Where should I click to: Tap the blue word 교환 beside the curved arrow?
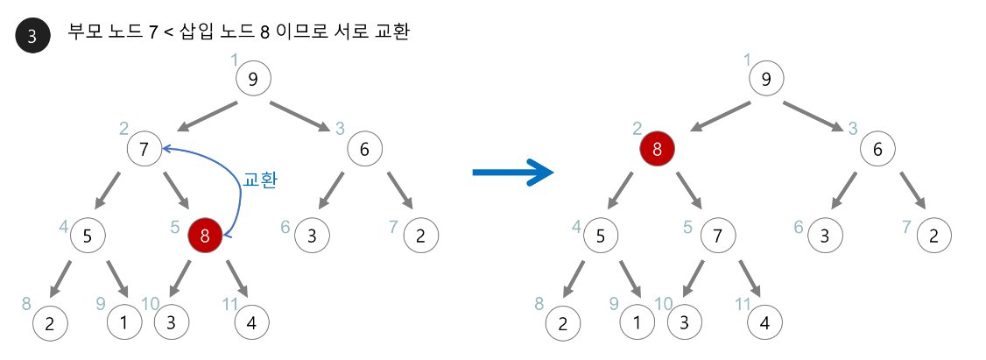260,180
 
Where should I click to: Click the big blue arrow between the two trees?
513,172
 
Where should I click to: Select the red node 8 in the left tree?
205,235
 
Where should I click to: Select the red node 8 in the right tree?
657,149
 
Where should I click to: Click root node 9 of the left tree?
253,80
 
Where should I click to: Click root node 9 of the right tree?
766,80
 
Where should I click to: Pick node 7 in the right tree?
718,235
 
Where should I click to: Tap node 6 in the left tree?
364,149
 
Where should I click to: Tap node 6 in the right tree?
877,149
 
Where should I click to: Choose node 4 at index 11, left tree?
252,322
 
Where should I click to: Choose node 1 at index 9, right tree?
637,322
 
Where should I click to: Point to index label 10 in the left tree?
150,303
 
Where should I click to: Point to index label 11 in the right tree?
743,303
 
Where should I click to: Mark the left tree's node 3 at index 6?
312,235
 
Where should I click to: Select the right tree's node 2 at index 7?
934,235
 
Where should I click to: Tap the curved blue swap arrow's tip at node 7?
166,149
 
